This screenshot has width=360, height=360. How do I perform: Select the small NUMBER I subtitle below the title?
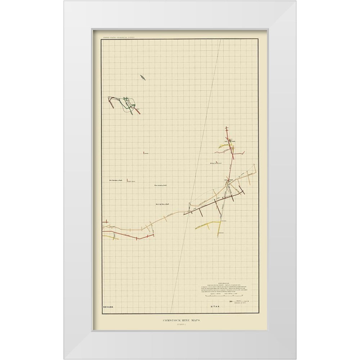pos(180,326)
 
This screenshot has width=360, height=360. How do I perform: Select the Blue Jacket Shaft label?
pos(162,185)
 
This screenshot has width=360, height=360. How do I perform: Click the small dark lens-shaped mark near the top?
pos(143,77)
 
